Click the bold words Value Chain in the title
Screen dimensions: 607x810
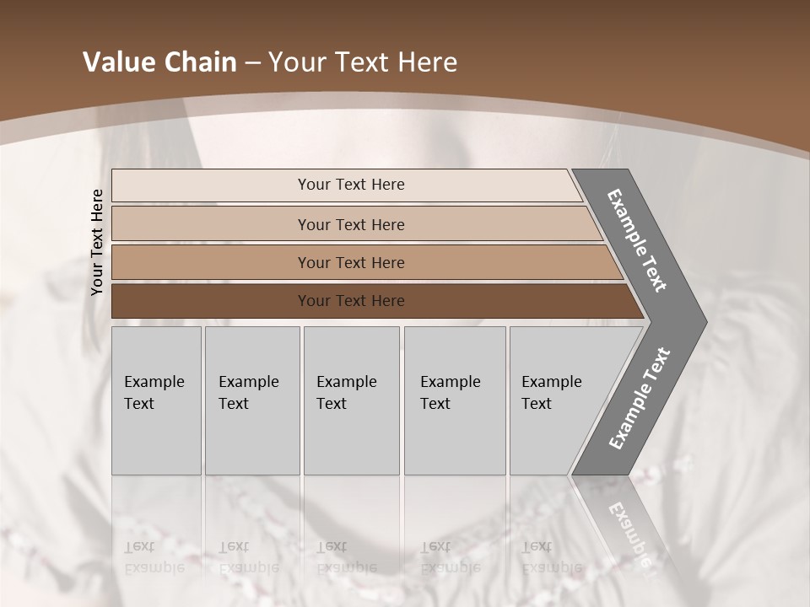[159, 62]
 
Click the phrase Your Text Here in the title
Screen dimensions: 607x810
[363, 62]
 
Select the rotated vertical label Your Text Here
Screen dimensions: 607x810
[97, 242]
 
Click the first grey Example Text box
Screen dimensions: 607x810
[156, 400]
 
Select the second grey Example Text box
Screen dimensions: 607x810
[252, 400]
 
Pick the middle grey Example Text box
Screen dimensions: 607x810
[351, 400]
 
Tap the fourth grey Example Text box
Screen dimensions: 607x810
[455, 400]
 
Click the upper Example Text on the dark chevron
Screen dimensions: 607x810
[637, 240]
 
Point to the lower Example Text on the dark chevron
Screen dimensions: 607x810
[639, 398]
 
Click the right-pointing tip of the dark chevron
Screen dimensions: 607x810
[702, 321]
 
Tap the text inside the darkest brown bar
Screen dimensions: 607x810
[351, 301]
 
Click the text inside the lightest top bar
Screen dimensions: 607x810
[351, 185]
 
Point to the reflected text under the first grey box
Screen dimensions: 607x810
[154, 557]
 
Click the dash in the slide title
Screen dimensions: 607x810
[252, 63]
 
